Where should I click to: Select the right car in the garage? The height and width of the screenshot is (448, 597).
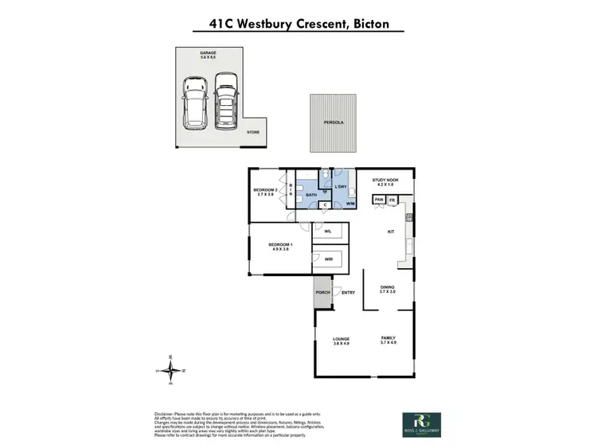[x=227, y=101]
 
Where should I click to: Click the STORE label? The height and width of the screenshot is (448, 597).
[x=252, y=132]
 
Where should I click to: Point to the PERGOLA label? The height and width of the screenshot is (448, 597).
[x=333, y=123]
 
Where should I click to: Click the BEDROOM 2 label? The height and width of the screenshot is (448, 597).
[x=265, y=190]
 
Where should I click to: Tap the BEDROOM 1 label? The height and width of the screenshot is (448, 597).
[x=280, y=244]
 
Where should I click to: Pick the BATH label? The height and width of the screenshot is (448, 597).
[x=312, y=193]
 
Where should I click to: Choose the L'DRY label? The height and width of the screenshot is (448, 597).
[x=341, y=186]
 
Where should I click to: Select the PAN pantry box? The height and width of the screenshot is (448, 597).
[x=380, y=199]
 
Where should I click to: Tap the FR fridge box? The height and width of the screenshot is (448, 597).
[x=392, y=199]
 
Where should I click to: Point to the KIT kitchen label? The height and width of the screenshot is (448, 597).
[x=391, y=232]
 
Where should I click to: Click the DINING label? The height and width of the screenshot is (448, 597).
[x=387, y=288]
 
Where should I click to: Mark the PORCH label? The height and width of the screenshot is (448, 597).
[x=322, y=292]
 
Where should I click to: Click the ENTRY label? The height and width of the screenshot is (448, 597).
[x=348, y=293]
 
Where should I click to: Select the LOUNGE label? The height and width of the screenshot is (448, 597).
[x=341, y=340]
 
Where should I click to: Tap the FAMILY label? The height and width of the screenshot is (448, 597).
[x=388, y=339]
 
